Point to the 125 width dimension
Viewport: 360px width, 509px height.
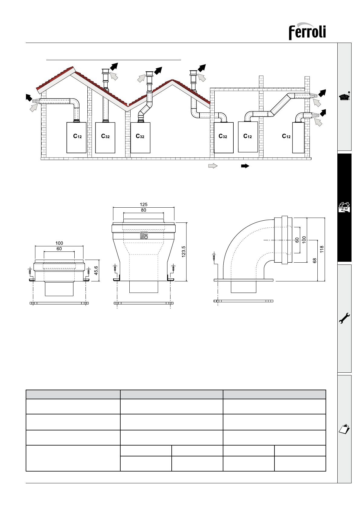[144, 205]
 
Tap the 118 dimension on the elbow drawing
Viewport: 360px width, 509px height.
[322, 249]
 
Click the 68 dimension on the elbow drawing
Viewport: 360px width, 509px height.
[315, 261]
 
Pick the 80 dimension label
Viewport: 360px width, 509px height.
[144, 210]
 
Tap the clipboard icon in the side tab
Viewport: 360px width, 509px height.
[345, 429]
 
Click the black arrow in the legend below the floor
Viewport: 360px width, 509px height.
[245, 166]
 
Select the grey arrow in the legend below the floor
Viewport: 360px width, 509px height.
[213, 166]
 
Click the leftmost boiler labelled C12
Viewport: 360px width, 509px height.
[76, 137]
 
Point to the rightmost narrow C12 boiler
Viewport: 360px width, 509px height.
[298, 138]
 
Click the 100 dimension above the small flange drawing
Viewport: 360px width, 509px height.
[59, 243]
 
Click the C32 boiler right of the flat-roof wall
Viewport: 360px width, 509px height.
[223, 137]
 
